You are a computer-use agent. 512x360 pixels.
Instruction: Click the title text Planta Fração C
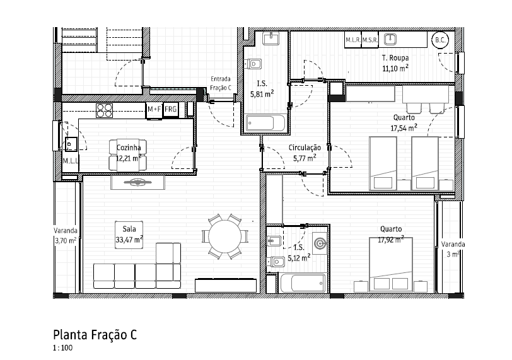tap(95, 335)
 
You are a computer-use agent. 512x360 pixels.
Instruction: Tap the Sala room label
tap(129, 229)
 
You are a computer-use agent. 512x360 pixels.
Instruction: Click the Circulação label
tap(305, 148)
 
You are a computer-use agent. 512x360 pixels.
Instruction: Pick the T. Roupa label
tap(395, 58)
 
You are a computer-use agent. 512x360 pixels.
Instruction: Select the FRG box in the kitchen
tap(171, 110)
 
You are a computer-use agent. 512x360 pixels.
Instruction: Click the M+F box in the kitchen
tap(154, 110)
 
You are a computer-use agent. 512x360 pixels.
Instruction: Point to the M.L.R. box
tap(352, 40)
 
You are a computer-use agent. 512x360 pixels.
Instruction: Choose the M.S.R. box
tap(369, 40)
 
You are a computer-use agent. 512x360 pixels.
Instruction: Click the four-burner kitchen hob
tap(104, 110)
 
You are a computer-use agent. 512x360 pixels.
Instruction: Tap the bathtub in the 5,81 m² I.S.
tap(265, 122)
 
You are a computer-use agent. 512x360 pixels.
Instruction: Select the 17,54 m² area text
tap(404, 127)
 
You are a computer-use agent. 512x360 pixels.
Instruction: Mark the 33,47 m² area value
tap(129, 239)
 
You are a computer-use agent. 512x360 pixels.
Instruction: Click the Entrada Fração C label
tap(221, 83)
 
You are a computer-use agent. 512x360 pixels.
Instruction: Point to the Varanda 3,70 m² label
tap(66, 235)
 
